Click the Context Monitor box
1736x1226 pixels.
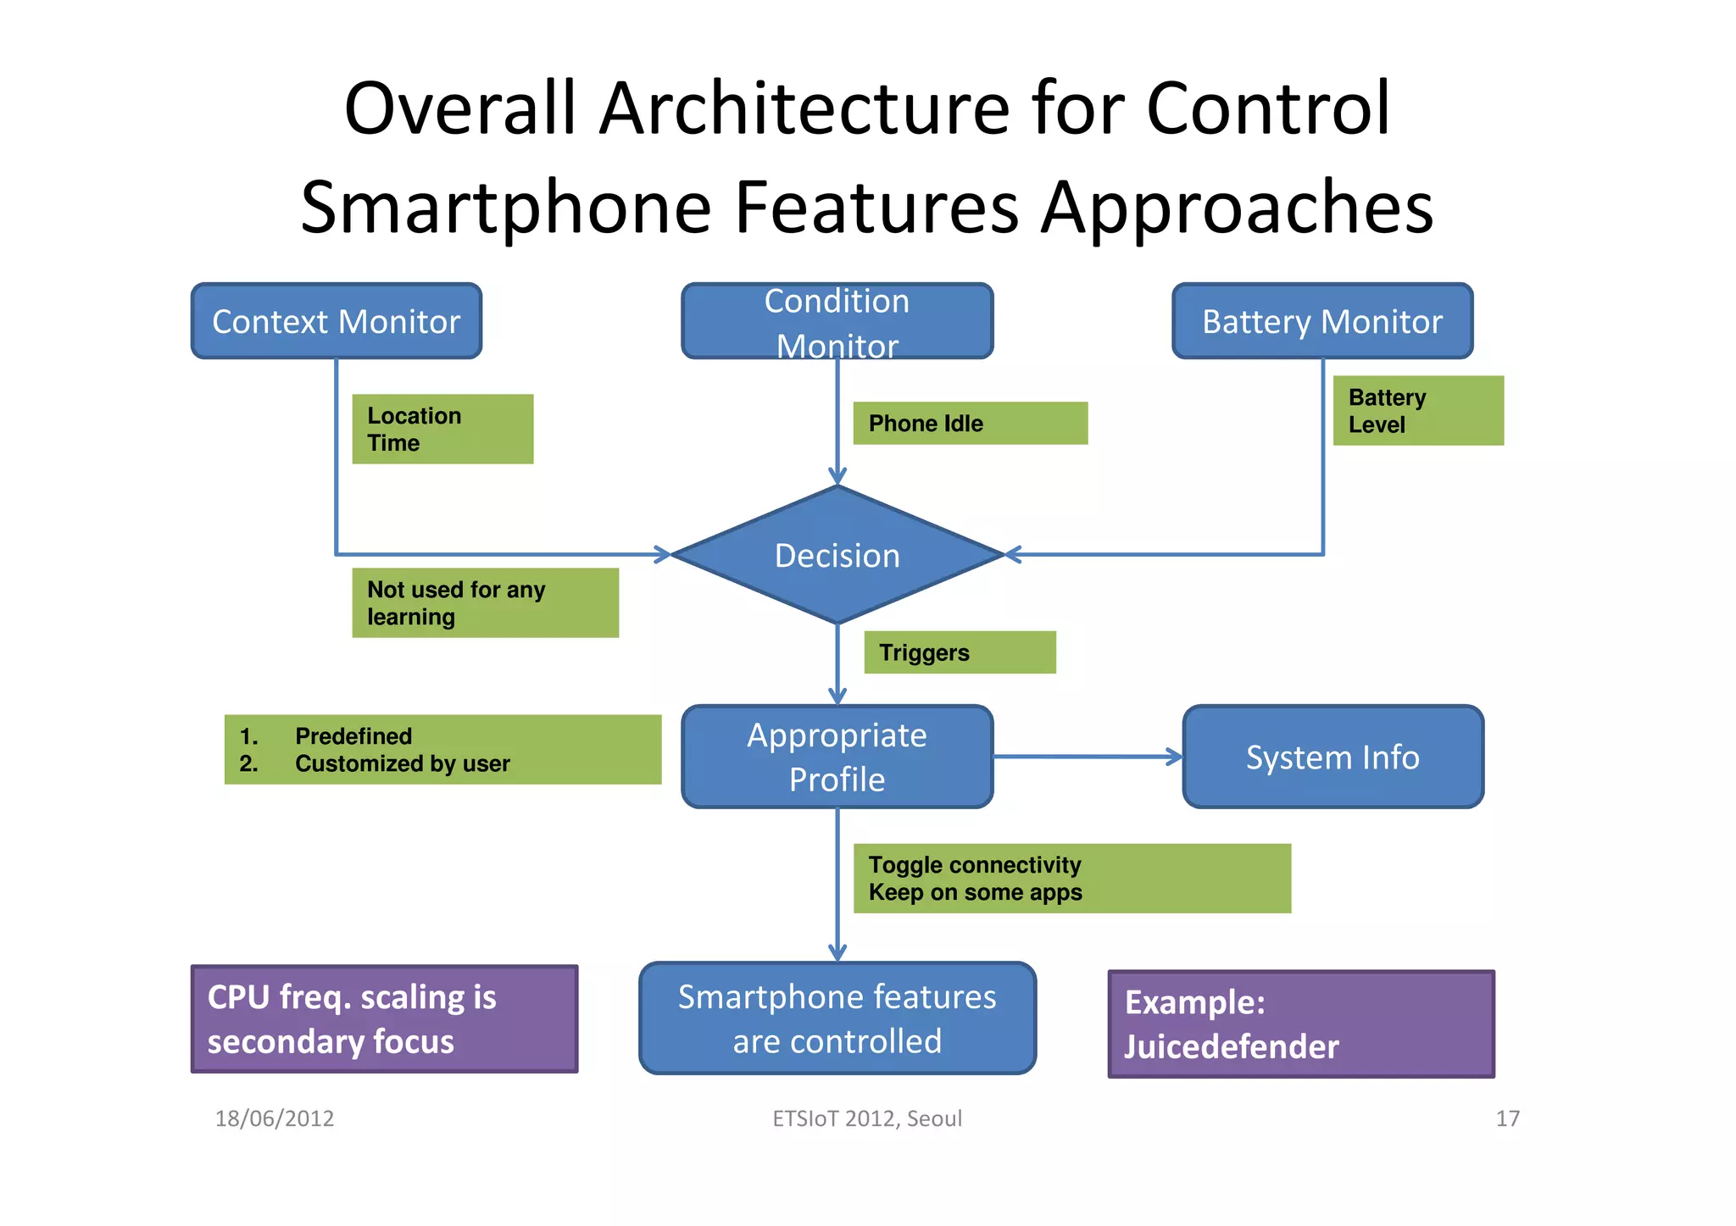337,321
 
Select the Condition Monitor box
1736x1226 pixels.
837,321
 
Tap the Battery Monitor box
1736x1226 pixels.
1321,321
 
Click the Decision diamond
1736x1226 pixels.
837,555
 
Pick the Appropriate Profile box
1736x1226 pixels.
837,757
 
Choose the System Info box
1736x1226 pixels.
1333,757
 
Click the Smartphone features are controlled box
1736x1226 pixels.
837,1018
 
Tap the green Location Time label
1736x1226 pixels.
442,429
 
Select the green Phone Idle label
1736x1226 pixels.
970,424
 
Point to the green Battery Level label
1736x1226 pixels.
1417,411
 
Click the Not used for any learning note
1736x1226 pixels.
485,602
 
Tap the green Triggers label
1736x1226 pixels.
960,652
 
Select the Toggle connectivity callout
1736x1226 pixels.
1071,878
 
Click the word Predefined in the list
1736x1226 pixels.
353,735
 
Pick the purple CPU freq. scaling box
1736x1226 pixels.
384,1018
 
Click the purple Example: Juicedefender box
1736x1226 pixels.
1300,1024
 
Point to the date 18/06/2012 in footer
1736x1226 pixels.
274,1118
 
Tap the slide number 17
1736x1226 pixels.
1507,1118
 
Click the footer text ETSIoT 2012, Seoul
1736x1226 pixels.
866,1118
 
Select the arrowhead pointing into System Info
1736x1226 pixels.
1175,757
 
